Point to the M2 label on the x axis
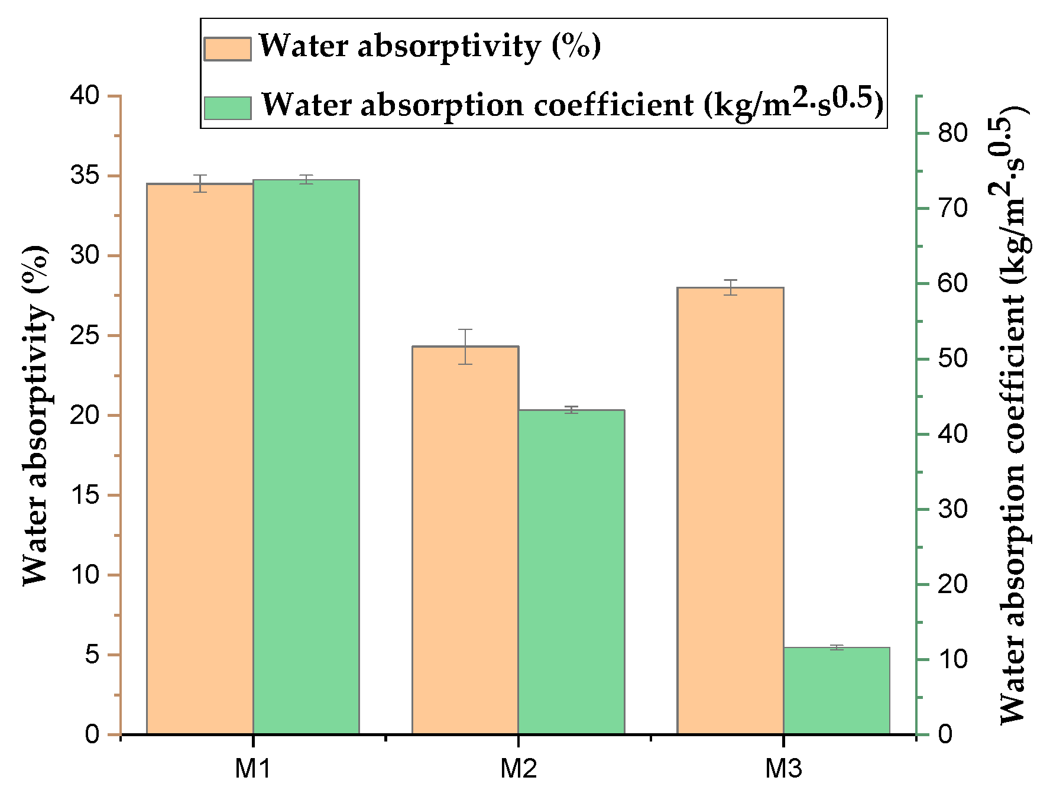[518, 769]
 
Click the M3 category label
[783, 769]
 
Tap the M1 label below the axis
[253, 769]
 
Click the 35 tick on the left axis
[86, 176]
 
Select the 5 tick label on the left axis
[93, 655]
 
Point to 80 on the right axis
[952, 133]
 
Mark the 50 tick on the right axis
[952, 359]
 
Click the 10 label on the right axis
[952, 659]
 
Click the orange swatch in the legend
[228, 48]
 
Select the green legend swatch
[228, 108]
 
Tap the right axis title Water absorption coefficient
[1012, 414]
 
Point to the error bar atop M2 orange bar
[465, 347]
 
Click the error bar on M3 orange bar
[731, 287]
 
